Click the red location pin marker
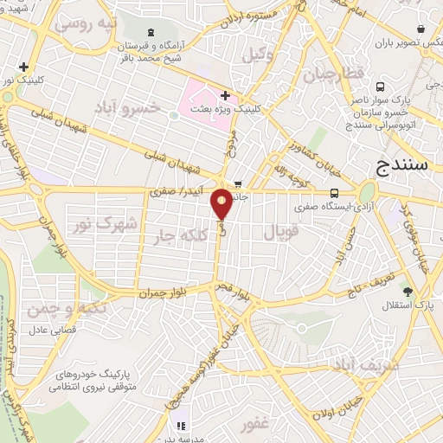(x=222, y=204)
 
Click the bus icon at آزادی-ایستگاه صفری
(x=335, y=193)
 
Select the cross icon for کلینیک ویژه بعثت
(x=225, y=95)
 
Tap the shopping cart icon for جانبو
(x=238, y=183)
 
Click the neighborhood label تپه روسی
(x=85, y=24)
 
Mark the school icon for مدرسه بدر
(x=181, y=425)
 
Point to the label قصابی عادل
(x=55, y=330)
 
